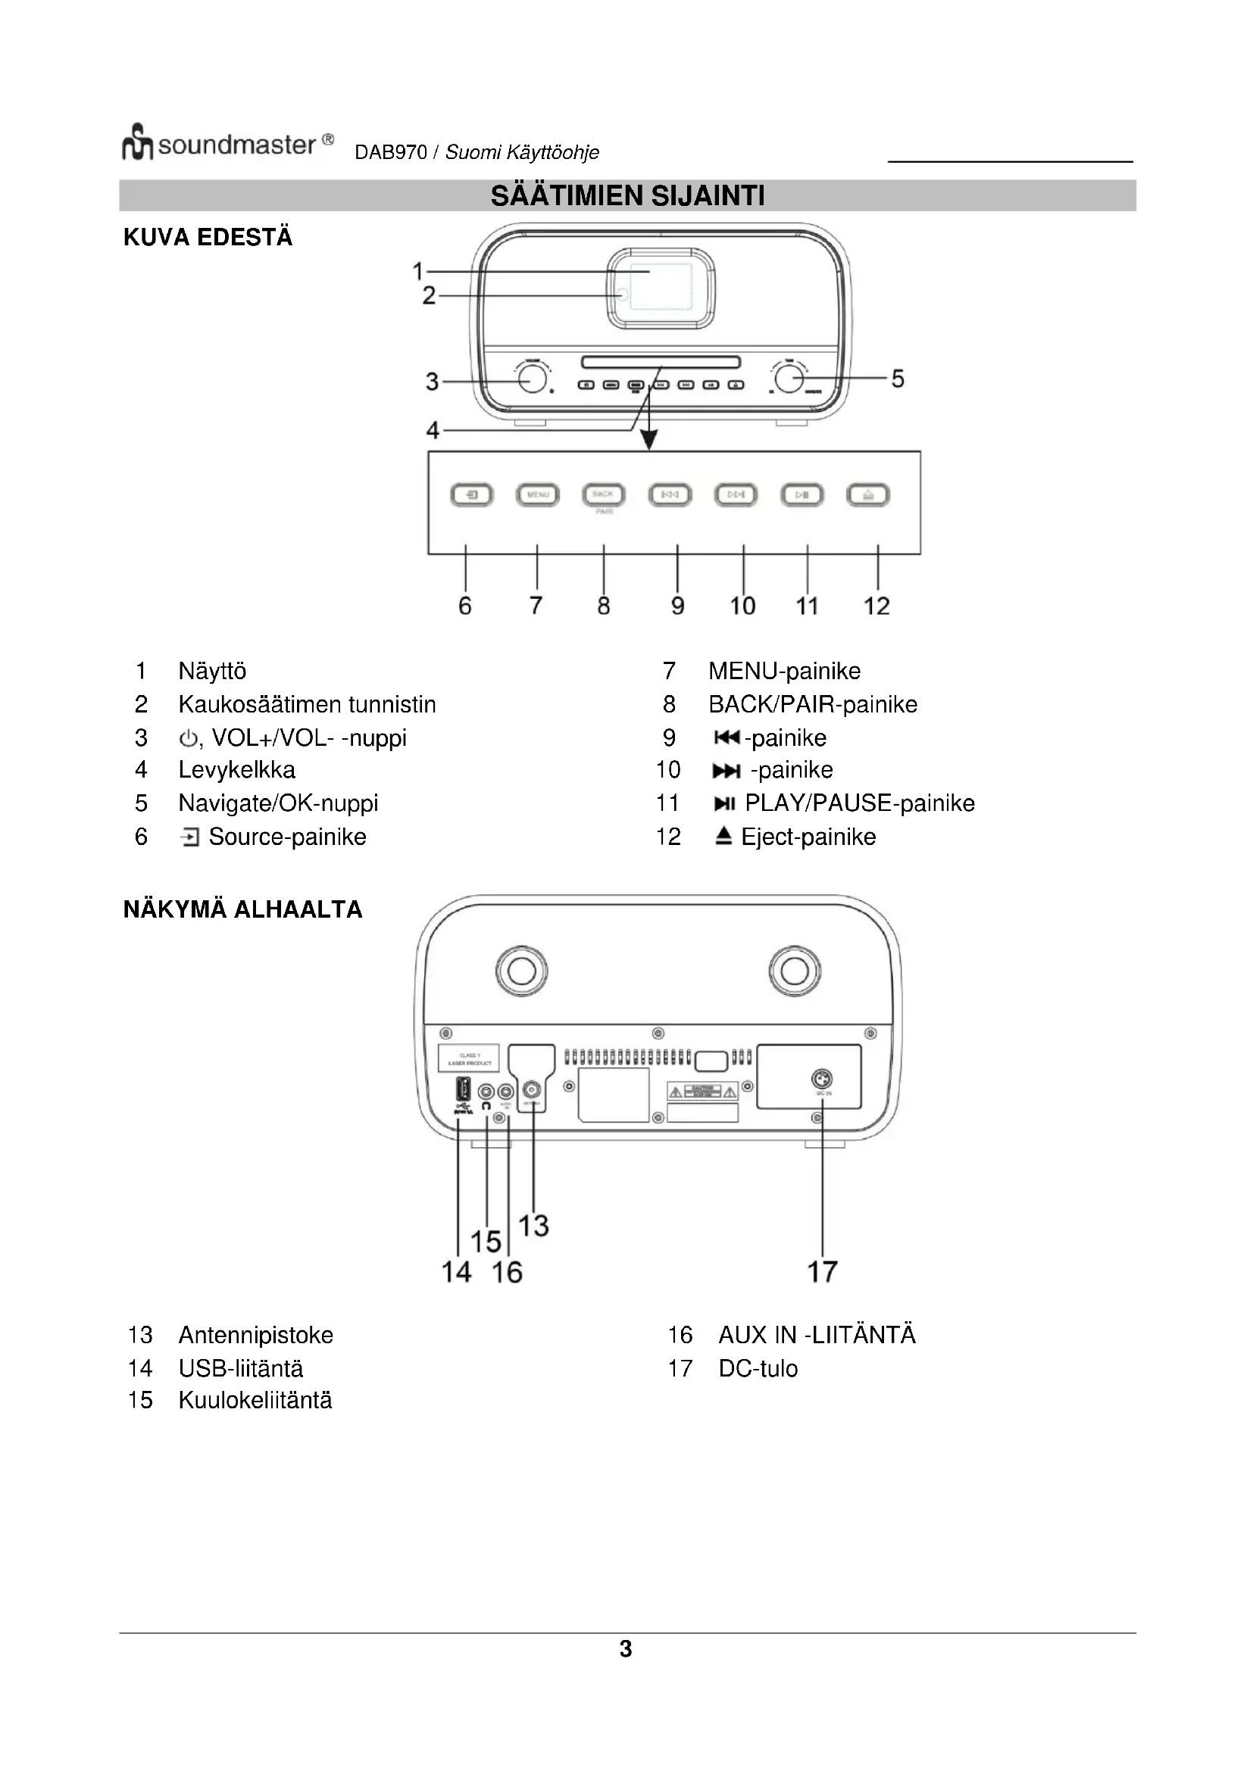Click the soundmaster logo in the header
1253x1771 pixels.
coord(227,143)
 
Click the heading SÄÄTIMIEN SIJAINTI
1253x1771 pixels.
coord(627,196)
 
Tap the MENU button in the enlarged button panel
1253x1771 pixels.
coord(538,494)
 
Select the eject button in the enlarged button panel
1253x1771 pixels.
coord(868,494)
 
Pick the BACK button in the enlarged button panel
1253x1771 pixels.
coord(603,494)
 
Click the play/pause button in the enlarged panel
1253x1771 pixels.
coord(802,494)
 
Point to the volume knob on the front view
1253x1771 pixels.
coord(533,379)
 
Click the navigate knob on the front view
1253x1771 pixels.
coord(789,379)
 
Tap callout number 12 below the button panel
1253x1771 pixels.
coord(876,606)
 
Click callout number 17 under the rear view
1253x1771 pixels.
coord(823,1272)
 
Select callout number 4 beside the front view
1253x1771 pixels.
coord(433,429)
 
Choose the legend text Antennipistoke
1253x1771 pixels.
coord(255,1335)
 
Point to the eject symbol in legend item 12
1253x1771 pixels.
coord(723,836)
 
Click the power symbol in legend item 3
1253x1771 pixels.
coord(187,739)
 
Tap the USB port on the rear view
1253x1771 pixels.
coord(463,1090)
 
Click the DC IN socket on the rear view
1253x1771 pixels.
coord(823,1079)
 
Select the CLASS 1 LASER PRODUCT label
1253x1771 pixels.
coord(469,1059)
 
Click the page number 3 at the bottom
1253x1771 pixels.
coord(626,1649)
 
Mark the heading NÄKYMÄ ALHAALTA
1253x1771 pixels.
coord(242,909)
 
